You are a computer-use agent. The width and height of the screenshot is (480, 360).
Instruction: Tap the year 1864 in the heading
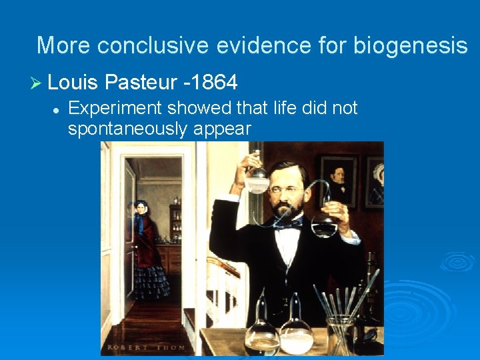pyautogui.click(x=214, y=83)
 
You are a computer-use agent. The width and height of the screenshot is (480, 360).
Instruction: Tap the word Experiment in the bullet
pyautogui.click(x=117, y=108)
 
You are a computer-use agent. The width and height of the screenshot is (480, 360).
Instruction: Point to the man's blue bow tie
pyautogui.click(x=289, y=225)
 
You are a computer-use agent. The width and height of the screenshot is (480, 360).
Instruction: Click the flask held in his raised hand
pyautogui.click(x=257, y=179)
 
